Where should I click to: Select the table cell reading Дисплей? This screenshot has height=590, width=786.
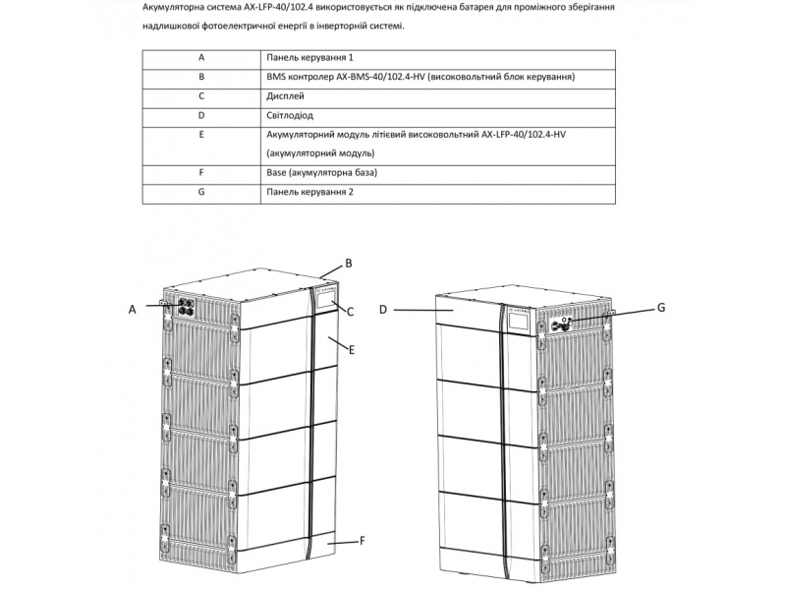[285, 95]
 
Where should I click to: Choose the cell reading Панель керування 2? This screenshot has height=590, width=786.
[310, 192]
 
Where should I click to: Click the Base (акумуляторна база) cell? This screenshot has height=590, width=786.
[321, 173]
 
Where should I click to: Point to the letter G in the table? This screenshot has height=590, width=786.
[200, 192]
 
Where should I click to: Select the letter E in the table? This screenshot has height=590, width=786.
[200, 134]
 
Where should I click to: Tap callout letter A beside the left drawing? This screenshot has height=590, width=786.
[132, 308]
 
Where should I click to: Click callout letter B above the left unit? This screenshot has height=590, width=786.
[348, 264]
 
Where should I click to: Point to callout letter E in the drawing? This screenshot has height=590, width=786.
[350, 347]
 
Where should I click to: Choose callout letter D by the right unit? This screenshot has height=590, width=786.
[383, 309]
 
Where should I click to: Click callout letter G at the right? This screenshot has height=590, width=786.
[661, 308]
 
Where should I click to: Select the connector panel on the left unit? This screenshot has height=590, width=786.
[184, 307]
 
